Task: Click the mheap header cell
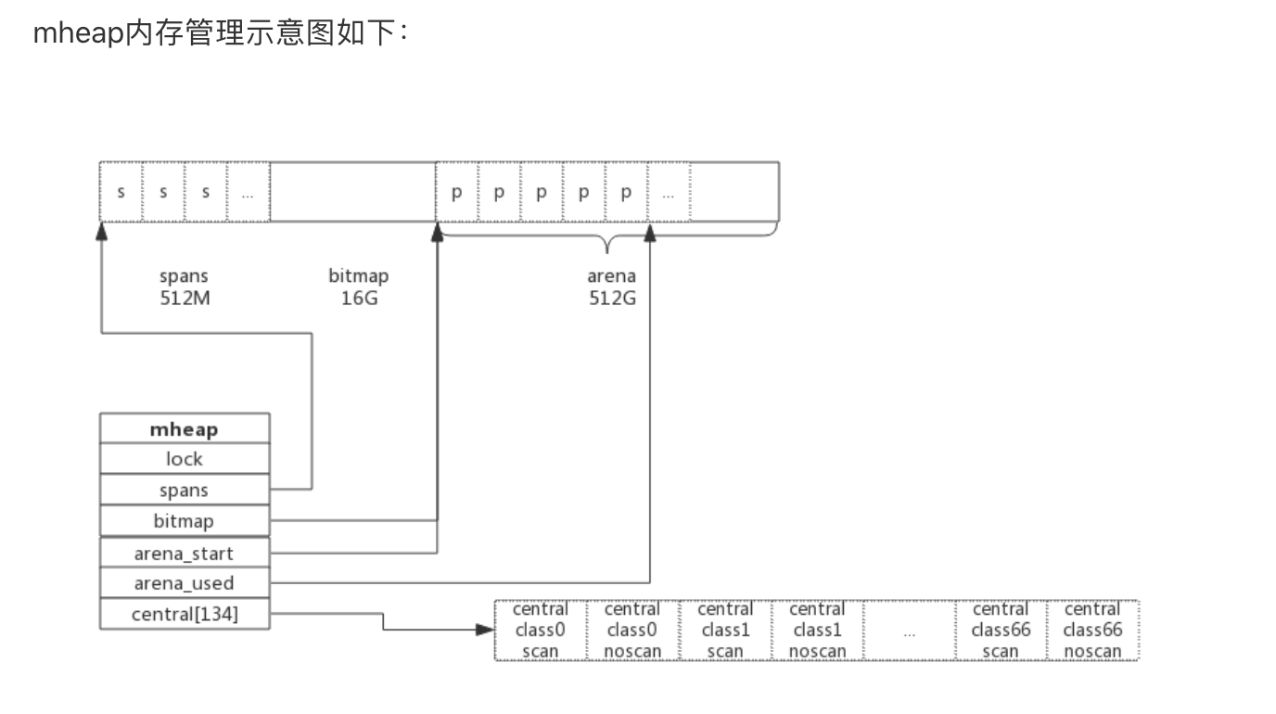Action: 184,429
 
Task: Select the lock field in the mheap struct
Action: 184,459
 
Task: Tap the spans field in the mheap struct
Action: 184,491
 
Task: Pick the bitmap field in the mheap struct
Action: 184,521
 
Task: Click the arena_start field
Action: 184,554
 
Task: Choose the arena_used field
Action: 184,583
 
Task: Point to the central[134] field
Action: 184,614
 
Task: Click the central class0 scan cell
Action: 540,630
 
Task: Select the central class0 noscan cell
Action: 632,630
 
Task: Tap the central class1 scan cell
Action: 724,630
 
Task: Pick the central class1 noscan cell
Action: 816,630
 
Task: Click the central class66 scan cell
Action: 1001,630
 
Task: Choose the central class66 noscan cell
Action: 1092,630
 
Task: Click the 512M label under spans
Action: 184,298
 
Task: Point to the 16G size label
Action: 359,298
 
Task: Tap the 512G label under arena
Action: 612,298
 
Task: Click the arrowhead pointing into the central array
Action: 484,630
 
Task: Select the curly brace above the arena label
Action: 607,243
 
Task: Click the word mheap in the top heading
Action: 78,34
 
